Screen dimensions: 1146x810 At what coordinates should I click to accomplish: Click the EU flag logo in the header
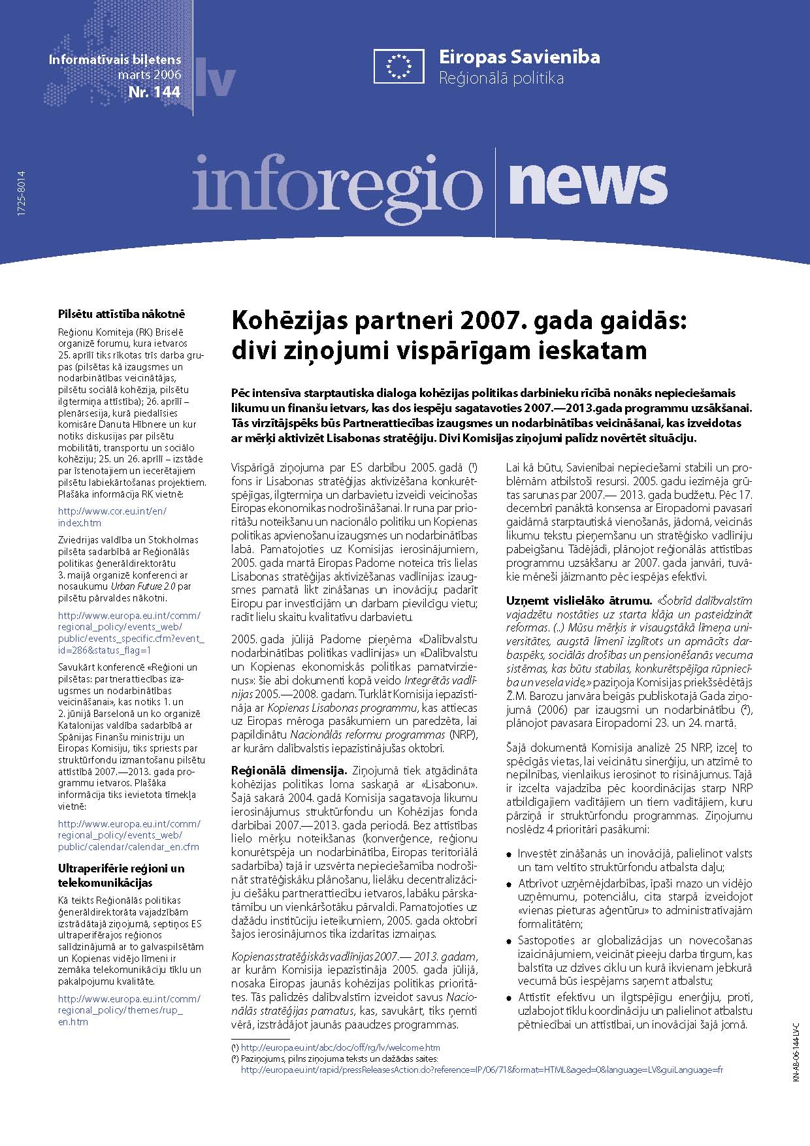pyautogui.click(x=399, y=66)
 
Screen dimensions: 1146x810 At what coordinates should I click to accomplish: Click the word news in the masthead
pyautogui.click(x=587, y=183)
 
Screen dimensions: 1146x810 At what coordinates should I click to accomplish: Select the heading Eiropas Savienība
pyautogui.click(x=519, y=57)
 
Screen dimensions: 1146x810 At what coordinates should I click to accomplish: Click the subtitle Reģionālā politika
pyautogui.click(x=501, y=79)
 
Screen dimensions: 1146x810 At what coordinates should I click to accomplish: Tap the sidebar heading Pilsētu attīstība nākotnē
pyautogui.click(x=121, y=313)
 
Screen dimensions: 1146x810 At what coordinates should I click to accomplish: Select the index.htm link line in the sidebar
pyautogui.click(x=80, y=522)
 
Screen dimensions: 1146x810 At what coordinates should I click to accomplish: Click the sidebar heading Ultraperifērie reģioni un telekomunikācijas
pyautogui.click(x=121, y=875)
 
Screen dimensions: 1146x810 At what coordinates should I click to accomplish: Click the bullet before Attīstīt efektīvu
pyautogui.click(x=510, y=997)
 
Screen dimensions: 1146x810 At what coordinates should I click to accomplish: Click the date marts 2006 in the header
pyautogui.click(x=150, y=74)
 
